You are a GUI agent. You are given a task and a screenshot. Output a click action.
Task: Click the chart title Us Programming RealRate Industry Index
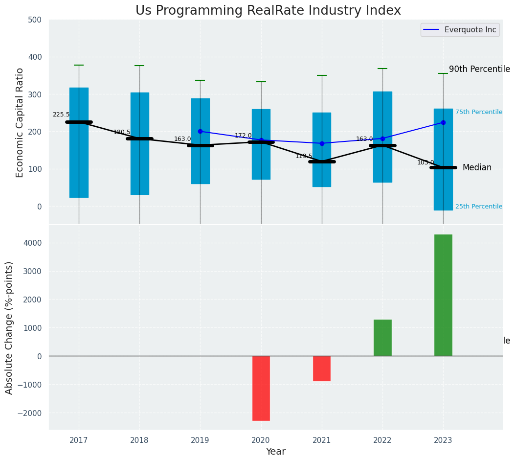268,11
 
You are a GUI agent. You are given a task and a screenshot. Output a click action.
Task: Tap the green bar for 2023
443,295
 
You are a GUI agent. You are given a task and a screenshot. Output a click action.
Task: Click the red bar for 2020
261,388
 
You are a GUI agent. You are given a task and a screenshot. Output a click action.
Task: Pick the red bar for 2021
322,369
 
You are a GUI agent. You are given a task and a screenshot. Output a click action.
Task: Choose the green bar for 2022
382,338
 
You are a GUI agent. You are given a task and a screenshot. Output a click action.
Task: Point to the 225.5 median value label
61,115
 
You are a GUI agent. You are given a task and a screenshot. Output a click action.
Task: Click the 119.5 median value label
304,156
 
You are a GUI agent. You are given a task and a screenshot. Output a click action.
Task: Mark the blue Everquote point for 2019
200,131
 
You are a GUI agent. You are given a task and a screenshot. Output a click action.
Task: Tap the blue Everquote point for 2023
443,122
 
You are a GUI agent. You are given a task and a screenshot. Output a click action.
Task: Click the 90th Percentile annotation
479,69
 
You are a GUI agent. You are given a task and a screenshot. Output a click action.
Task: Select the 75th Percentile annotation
479,112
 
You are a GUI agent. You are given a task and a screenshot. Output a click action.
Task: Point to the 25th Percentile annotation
479,207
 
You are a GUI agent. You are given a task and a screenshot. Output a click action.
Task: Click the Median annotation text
477,168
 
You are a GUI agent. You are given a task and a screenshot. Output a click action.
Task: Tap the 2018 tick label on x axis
139,440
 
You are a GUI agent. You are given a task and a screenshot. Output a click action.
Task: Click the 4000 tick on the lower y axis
33,243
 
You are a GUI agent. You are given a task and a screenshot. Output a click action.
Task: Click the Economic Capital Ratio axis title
20,122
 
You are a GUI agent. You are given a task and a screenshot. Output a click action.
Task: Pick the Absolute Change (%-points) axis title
9,327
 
